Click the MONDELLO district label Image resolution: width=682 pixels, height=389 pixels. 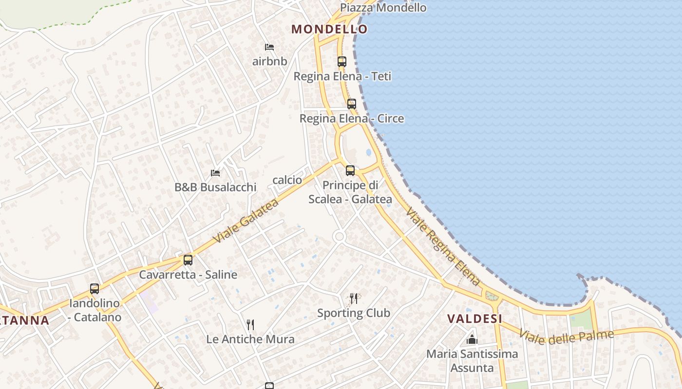click(x=329, y=29)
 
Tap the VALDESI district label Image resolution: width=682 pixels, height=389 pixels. click(x=475, y=319)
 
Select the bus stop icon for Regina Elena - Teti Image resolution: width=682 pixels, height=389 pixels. click(x=342, y=62)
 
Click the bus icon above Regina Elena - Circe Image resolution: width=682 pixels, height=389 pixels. click(x=352, y=104)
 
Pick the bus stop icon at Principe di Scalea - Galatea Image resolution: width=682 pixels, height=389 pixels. click(x=350, y=171)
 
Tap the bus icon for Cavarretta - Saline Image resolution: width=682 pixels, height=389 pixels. click(x=188, y=260)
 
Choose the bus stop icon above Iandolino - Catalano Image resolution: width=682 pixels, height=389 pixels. click(x=95, y=289)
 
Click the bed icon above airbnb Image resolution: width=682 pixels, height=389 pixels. click(x=269, y=47)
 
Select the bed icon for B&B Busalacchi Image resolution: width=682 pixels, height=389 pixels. click(x=215, y=173)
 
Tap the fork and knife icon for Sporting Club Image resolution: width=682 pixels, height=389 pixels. click(x=354, y=298)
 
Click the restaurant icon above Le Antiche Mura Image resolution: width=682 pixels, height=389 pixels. click(x=250, y=324)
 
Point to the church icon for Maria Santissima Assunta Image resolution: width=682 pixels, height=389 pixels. click(x=472, y=339)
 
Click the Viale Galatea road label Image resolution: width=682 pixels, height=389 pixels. click(x=246, y=221)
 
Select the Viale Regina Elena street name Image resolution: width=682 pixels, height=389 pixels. click(x=442, y=247)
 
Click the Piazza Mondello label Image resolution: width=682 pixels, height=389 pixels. click(x=383, y=8)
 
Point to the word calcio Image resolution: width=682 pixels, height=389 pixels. click(x=287, y=180)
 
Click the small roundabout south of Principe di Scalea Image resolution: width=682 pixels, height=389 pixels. click(x=339, y=237)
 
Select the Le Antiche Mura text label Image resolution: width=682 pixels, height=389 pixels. click(x=250, y=339)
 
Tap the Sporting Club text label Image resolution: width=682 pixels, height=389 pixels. click(x=354, y=313)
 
